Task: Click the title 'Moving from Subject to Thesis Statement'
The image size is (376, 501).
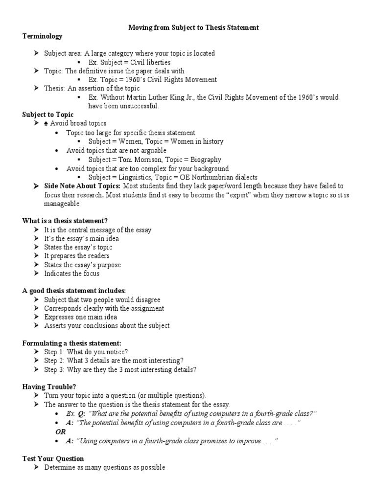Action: pyautogui.click(x=193, y=28)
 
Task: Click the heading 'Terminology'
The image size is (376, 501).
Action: pyautogui.click(x=42, y=36)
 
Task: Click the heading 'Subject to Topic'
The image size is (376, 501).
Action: pyautogui.click(x=47, y=114)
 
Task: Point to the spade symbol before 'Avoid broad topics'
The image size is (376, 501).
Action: pyautogui.click(x=47, y=123)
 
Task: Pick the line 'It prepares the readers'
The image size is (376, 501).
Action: pyautogui.click(x=77, y=256)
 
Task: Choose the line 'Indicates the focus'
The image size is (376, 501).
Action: pyautogui.click(x=71, y=273)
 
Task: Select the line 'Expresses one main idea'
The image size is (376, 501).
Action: pyautogui.click(x=80, y=317)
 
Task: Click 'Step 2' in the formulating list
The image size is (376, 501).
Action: pyautogui.click(x=53, y=361)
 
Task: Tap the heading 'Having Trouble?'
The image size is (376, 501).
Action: pyautogui.click(x=49, y=387)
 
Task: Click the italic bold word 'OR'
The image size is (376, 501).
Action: pyautogui.click(x=61, y=432)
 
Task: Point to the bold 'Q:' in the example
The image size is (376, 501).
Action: pyautogui.click(x=81, y=413)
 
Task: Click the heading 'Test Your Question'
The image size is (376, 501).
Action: pyautogui.click(x=53, y=458)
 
